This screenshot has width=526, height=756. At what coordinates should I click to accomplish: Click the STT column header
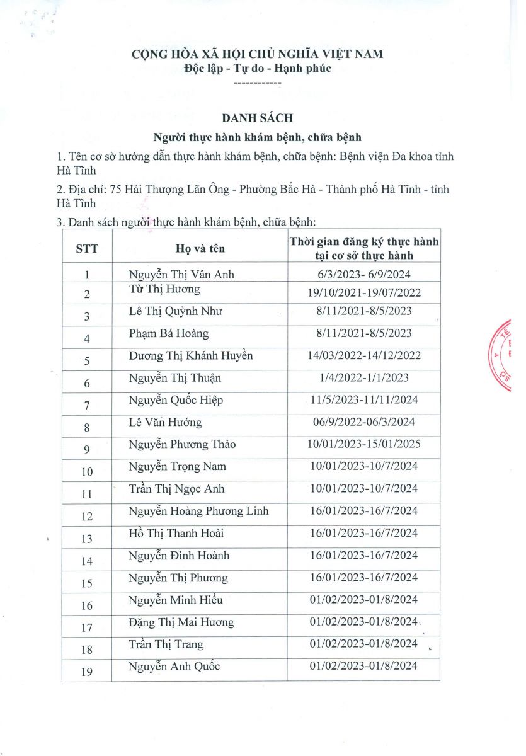(x=87, y=248)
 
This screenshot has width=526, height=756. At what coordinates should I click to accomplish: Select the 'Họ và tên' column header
(x=200, y=248)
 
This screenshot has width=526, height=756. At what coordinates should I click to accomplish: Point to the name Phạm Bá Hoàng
(x=168, y=333)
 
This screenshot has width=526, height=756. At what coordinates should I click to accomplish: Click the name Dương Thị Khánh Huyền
(x=191, y=355)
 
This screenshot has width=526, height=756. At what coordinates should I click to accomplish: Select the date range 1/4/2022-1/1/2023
(x=364, y=377)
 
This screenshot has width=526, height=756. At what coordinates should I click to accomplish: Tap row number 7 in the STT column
(x=87, y=404)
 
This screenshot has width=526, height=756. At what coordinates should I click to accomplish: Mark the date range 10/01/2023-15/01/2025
(x=364, y=444)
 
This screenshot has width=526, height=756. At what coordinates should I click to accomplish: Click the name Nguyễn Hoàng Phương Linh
(x=198, y=510)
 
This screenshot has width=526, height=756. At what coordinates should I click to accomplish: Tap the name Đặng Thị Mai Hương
(x=181, y=622)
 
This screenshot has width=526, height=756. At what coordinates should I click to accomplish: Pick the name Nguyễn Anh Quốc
(x=174, y=667)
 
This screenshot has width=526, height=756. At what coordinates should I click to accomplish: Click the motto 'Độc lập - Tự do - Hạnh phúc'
(x=257, y=68)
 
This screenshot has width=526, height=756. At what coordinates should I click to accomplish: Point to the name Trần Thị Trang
(x=166, y=644)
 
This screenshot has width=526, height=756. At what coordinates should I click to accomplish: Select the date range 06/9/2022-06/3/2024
(x=364, y=422)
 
